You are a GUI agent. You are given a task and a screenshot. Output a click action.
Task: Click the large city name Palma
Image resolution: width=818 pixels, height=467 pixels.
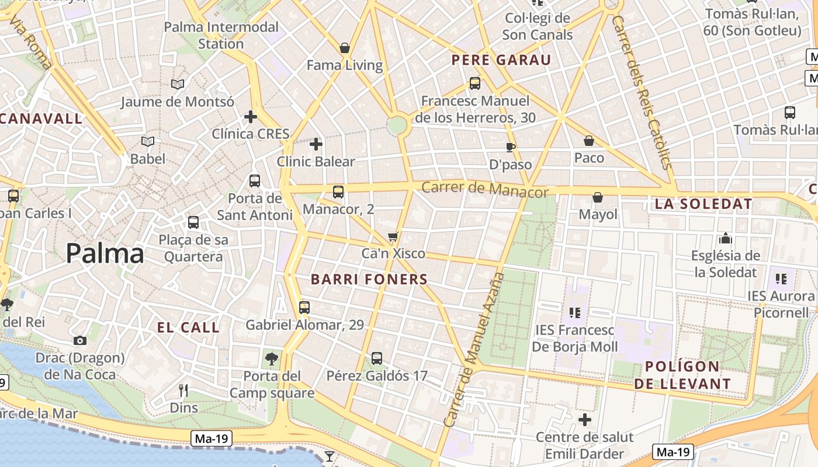coord(105,253)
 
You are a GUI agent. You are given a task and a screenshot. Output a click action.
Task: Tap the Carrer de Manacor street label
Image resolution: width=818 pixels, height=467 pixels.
coord(484,189)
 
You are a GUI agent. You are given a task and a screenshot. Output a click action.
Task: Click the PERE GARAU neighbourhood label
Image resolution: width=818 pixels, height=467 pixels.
coord(501,60)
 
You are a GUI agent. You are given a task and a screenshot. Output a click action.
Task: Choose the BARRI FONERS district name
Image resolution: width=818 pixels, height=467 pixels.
coord(369,279)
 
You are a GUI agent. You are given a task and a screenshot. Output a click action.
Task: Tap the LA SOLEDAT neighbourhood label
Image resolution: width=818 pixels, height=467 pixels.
coord(703,204)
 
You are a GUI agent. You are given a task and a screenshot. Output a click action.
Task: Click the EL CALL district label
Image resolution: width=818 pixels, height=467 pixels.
coord(188,327)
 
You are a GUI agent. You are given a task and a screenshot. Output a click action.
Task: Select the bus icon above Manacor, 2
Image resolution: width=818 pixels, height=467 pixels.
coord(338,191)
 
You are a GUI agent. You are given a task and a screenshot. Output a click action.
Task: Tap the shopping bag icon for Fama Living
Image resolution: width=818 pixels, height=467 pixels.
coord(345,48)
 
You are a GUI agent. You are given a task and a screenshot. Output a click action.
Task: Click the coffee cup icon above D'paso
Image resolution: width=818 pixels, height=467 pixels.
coord(510,147)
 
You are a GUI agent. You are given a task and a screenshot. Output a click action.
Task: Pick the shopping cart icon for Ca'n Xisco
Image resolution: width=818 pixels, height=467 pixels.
coord(393,236)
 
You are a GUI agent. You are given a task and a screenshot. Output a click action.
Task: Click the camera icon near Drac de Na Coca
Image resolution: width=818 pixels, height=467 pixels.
coord(80,340)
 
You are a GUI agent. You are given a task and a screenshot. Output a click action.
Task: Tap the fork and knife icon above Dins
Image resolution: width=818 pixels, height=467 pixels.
coord(183,391)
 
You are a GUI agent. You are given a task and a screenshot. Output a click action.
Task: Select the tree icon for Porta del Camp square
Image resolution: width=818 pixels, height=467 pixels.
coord(271,358)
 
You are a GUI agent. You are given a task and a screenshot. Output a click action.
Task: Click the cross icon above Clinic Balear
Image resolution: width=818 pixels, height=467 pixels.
coord(316,144)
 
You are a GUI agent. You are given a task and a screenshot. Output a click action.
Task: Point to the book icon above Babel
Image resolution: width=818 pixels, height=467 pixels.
coord(148,141)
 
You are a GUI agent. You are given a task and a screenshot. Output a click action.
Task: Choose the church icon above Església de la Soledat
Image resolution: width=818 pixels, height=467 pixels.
coord(726,238)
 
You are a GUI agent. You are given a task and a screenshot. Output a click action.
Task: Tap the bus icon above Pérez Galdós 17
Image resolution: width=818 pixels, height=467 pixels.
coord(377,358)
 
